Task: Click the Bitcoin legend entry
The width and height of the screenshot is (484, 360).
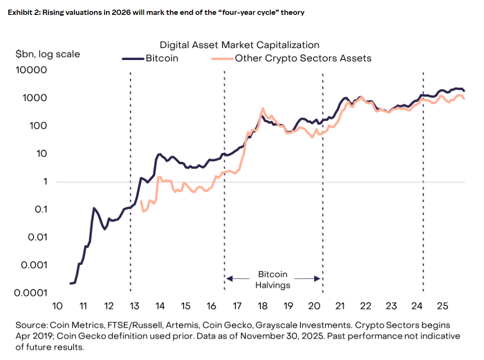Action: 161,59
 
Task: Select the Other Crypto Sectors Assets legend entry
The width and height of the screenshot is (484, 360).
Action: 303,59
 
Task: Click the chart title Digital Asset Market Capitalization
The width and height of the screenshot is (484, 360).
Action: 239,45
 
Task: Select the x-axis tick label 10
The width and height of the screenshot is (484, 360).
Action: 57,306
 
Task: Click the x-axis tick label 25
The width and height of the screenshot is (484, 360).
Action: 442,306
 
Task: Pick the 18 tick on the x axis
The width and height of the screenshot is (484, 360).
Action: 262,306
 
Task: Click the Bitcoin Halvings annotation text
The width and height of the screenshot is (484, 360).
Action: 272,280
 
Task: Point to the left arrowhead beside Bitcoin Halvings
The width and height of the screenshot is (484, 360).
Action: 229,278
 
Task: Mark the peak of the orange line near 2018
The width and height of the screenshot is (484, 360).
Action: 262,108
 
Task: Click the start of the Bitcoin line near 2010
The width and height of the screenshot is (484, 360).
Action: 71,283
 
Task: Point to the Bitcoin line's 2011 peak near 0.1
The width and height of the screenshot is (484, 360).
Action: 94,208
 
